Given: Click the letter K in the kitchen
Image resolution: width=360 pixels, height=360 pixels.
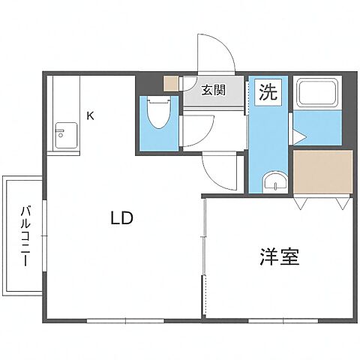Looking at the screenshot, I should tap(91, 115).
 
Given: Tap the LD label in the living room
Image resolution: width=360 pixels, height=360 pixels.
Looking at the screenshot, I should tap(121, 219).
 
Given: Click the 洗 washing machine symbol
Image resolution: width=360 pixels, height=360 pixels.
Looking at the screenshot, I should tap(267, 92).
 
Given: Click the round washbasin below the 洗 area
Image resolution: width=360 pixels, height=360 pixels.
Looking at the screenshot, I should tap(274, 181).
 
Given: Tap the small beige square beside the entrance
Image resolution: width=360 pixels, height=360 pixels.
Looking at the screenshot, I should tap(172, 82).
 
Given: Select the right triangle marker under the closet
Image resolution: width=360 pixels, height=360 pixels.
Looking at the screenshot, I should tap(343, 203).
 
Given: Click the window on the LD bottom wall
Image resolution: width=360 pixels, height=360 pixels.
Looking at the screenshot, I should tap(124, 320).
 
